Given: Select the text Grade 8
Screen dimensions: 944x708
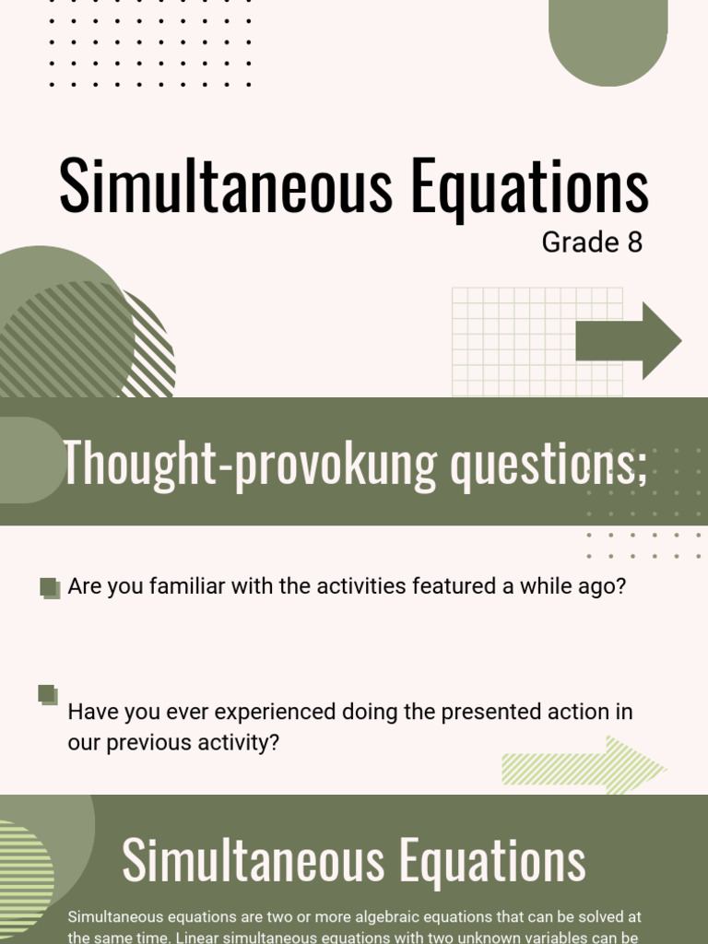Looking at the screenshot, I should coord(592,242).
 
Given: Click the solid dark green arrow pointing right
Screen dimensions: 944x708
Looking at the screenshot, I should coord(629,341).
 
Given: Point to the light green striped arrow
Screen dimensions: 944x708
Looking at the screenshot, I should coord(583,765).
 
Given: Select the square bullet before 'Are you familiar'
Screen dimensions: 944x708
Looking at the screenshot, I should coord(50,587).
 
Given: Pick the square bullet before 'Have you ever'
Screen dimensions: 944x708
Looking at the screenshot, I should coord(48,694).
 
